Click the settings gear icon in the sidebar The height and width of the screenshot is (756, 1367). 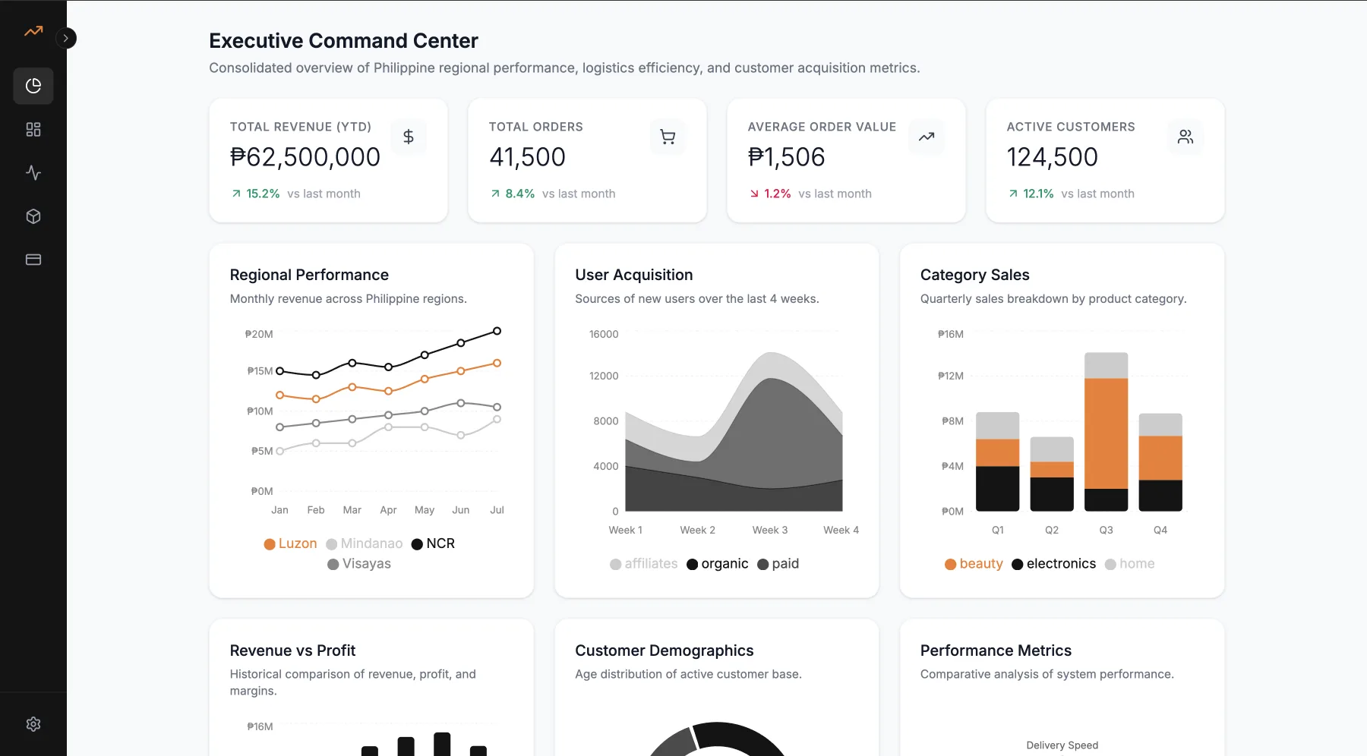(x=33, y=724)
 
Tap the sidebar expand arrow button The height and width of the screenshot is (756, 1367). (x=66, y=38)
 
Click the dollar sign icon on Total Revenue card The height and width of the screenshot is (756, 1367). (x=409, y=137)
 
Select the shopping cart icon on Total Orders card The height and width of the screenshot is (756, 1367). (x=668, y=137)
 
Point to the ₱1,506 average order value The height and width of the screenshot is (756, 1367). (x=786, y=157)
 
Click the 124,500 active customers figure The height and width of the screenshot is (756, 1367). (x=1052, y=157)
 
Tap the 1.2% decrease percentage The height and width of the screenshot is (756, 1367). (x=777, y=194)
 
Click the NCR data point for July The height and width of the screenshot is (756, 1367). (x=497, y=331)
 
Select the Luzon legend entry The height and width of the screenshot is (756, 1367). (x=290, y=543)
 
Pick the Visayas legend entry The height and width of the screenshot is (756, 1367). (x=359, y=564)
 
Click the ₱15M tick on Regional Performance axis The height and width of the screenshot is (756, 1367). (x=260, y=371)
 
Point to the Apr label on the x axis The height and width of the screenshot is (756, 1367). (x=388, y=510)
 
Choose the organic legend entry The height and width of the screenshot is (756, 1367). (x=717, y=564)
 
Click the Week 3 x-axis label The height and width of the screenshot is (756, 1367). (x=770, y=530)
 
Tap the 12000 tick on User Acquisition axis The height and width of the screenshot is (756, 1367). (x=604, y=376)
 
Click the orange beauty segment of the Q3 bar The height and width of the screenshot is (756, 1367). (x=1106, y=433)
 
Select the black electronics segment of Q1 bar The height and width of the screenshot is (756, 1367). (x=997, y=488)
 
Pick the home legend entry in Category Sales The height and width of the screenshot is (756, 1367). (x=1129, y=564)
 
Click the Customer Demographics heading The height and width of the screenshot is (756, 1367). (x=665, y=650)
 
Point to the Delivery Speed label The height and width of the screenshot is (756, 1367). (x=1062, y=745)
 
